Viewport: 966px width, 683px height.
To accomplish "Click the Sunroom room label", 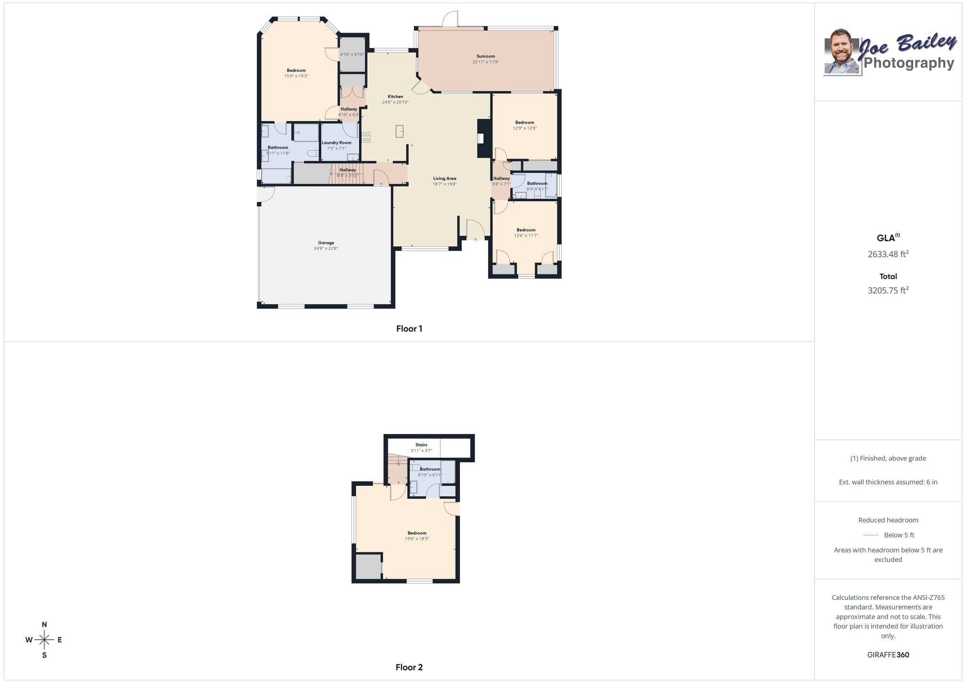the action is (485, 56).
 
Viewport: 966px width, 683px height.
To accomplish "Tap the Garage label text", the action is (326, 243).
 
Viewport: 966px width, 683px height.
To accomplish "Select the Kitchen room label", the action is (395, 97).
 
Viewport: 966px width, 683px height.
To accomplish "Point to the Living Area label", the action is (444, 179).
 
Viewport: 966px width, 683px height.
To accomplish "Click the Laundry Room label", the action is (336, 143).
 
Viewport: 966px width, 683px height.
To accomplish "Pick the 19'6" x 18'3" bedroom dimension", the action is (417, 539).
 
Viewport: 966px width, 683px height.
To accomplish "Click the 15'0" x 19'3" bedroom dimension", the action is (296, 76).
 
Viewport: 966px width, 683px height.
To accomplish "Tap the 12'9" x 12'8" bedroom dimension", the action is (525, 128).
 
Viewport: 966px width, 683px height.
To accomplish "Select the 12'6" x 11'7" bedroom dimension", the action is (526, 236).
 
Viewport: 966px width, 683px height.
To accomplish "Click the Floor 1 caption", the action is (409, 329).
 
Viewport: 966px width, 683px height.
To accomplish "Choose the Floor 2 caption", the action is (409, 667).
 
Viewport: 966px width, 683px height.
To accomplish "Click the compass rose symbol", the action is (44, 640).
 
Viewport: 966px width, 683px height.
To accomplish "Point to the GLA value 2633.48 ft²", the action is (888, 254).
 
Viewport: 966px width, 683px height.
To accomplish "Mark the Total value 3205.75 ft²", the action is (888, 291).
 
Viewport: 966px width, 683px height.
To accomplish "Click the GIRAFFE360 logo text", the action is (888, 655).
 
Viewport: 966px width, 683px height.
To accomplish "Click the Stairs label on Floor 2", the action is (421, 445).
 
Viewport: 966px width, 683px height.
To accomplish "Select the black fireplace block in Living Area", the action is (484, 138).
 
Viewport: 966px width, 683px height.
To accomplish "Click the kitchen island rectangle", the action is (400, 131).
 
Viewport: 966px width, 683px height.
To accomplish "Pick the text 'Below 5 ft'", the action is (899, 535).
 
